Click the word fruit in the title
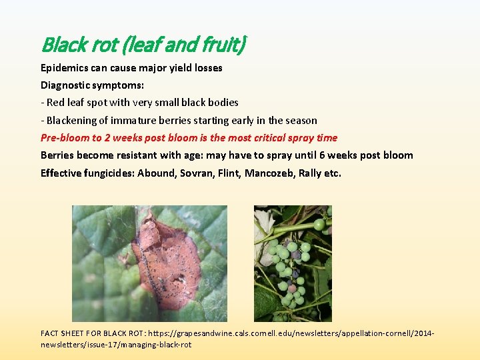[x=225, y=45]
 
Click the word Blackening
[x=72, y=121]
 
